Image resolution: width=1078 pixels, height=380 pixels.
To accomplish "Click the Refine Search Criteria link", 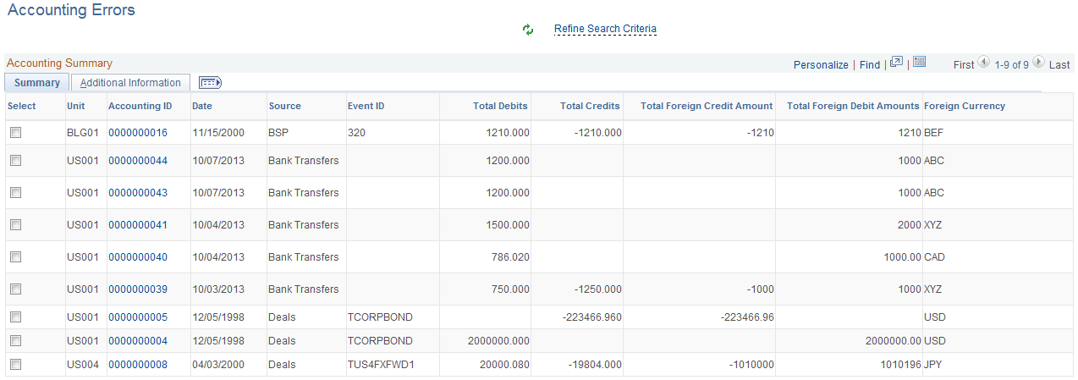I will click(605, 29).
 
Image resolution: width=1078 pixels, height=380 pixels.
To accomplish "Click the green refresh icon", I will click(528, 30).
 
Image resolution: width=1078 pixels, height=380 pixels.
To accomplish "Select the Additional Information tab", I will click(130, 83).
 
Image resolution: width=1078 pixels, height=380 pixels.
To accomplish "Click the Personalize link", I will click(821, 64).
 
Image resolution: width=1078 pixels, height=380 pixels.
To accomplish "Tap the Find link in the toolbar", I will click(870, 64).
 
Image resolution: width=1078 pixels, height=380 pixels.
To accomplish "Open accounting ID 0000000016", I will click(138, 133).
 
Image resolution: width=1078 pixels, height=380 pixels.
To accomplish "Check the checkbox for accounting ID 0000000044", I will click(15, 161).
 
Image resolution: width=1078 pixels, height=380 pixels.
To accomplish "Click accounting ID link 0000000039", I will click(138, 289).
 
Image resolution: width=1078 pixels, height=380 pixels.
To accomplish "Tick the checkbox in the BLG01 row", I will click(15, 133).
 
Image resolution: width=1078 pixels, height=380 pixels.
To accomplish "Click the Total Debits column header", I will click(500, 106).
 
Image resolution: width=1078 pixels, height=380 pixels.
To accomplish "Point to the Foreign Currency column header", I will click(965, 106).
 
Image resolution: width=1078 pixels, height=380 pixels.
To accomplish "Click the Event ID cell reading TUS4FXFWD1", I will click(381, 365).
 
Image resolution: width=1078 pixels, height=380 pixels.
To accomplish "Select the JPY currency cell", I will click(932, 365).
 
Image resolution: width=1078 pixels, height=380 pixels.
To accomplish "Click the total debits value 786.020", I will click(510, 257).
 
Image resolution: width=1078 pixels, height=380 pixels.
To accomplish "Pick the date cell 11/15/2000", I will click(218, 133).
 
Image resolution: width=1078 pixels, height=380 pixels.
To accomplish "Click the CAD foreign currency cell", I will click(934, 257).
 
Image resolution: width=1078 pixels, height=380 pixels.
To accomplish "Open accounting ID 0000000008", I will click(138, 365).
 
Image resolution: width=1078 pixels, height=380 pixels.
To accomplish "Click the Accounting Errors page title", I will click(71, 10).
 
